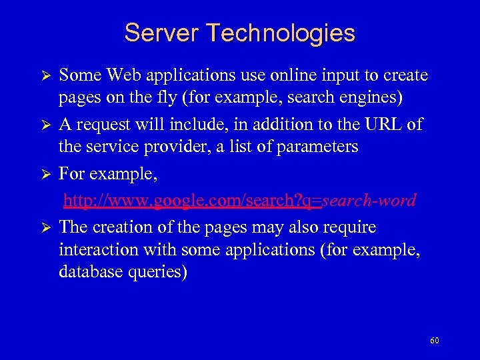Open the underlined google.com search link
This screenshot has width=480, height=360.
193,199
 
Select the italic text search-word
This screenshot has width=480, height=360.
369,199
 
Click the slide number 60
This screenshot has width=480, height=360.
435,341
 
